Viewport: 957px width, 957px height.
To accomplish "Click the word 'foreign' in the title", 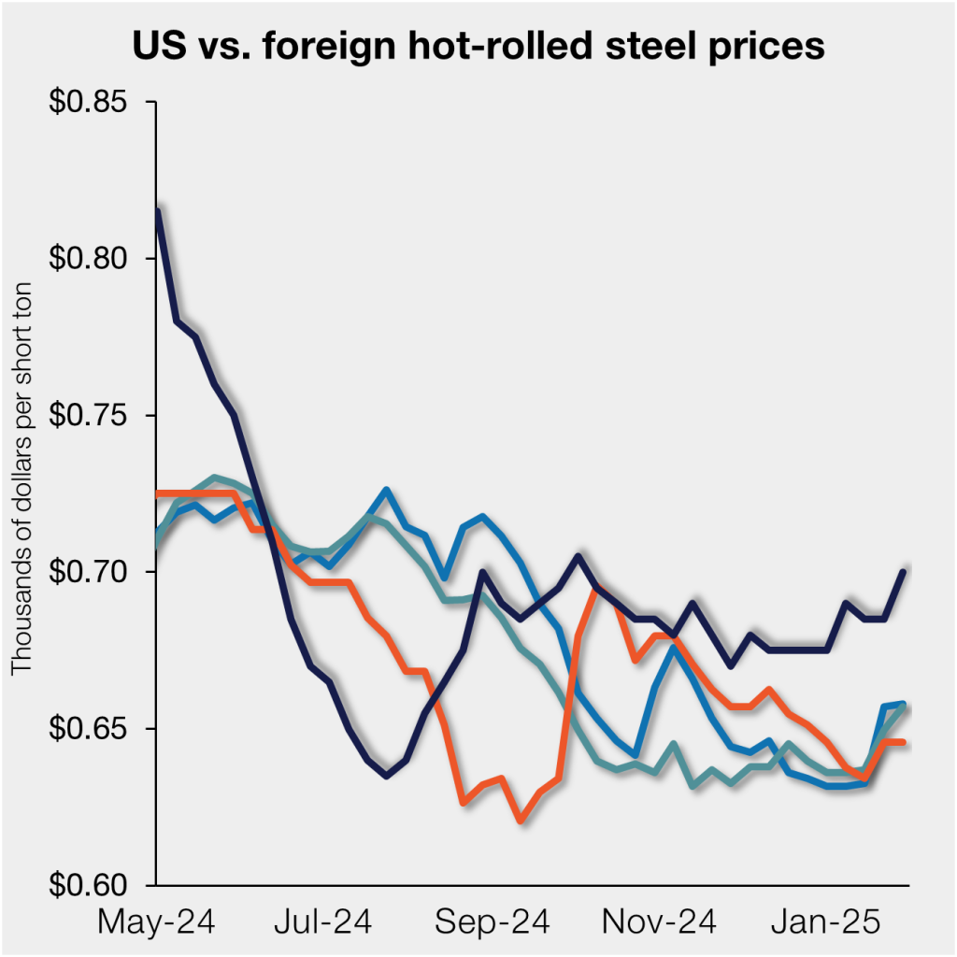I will [310, 45].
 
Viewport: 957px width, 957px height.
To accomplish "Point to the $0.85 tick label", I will [89, 101].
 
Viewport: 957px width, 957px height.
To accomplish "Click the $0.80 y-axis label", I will [89, 258].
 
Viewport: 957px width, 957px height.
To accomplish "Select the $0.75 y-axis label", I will [89, 415].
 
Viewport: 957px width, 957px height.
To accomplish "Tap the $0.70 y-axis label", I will [89, 572].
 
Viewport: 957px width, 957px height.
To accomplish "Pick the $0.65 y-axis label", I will [89, 729].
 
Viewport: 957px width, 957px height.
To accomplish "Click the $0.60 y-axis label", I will [89, 885].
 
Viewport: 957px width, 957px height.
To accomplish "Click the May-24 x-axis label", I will [156, 922].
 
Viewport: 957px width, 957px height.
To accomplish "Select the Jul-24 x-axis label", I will [323, 922].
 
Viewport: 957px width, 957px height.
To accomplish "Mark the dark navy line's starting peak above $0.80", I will [158, 210].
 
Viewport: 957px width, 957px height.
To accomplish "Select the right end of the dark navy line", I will [904, 571].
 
